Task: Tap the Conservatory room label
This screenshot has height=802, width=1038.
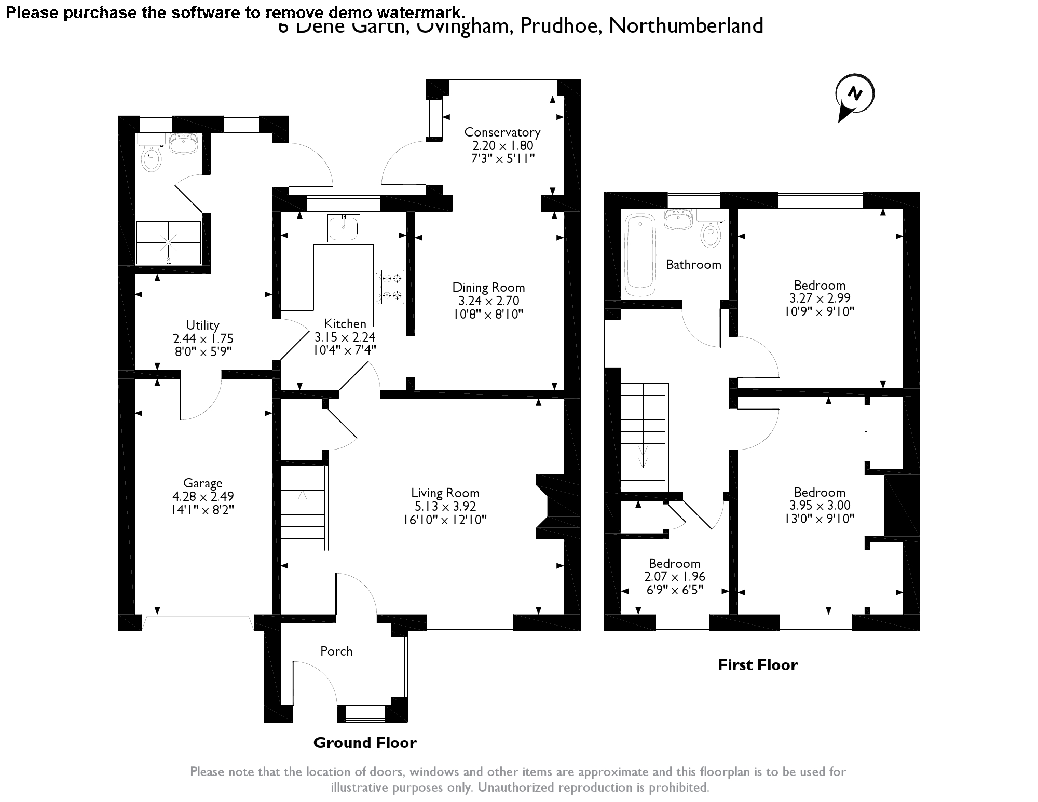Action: tap(502, 132)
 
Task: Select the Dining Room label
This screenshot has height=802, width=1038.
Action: tap(488, 288)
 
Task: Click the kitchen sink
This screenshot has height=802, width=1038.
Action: tap(344, 228)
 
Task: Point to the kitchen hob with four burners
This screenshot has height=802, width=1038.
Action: tap(391, 287)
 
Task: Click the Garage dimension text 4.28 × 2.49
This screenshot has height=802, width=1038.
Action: tap(202, 497)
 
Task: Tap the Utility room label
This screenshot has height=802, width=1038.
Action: tap(202, 325)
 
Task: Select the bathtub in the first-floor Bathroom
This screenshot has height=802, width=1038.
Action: tap(641, 256)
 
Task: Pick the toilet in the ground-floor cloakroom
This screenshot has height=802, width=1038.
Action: tap(151, 158)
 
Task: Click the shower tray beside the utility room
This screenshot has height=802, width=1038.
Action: tap(168, 242)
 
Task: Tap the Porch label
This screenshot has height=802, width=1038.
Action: tap(336, 651)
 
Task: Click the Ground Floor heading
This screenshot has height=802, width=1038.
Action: tap(365, 743)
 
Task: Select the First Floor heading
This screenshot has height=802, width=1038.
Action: tap(757, 665)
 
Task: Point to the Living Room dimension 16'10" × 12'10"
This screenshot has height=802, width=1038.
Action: tap(445, 520)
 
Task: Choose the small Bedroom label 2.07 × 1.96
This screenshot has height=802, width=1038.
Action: tap(675, 576)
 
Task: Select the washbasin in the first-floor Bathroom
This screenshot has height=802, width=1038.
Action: tap(678, 220)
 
